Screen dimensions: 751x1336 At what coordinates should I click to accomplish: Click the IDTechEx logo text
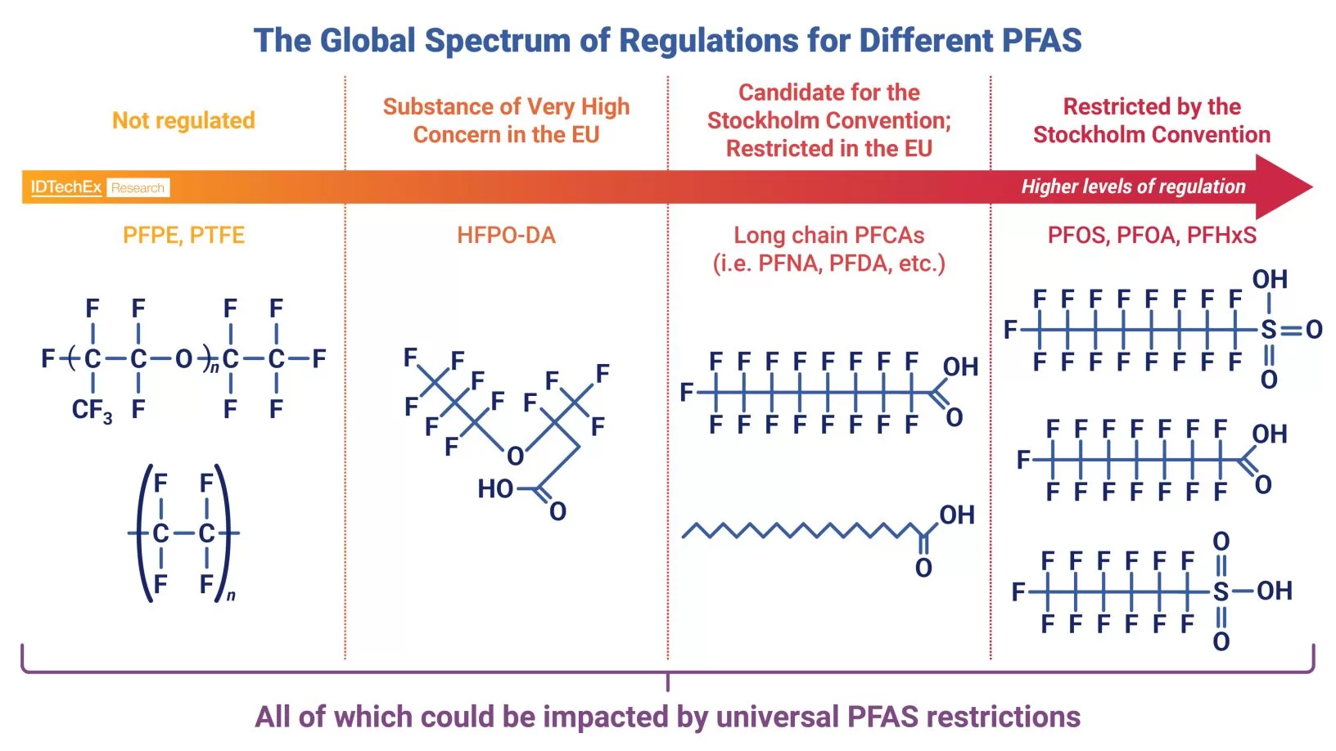65,187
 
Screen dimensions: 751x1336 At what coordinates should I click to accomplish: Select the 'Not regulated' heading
183,120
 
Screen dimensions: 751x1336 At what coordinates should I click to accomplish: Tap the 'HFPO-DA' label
506,236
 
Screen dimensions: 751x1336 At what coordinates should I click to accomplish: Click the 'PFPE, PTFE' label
183,236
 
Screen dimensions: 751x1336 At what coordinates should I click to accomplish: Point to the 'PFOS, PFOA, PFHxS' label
1152,236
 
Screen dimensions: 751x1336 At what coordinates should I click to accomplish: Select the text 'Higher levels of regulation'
1133,187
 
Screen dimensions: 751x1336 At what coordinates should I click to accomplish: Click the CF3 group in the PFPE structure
91,410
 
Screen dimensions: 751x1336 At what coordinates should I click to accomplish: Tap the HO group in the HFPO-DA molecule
495,489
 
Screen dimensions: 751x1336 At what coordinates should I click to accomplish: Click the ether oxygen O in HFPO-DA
515,456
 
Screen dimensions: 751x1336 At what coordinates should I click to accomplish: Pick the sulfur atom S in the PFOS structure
1268,330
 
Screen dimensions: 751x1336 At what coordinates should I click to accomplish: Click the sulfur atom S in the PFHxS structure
1221,591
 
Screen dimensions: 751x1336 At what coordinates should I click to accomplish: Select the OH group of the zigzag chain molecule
956,515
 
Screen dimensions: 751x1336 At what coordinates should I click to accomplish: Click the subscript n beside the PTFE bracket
231,596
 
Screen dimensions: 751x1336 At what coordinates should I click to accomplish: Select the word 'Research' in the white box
138,188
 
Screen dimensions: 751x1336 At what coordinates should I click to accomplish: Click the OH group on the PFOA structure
1269,434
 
